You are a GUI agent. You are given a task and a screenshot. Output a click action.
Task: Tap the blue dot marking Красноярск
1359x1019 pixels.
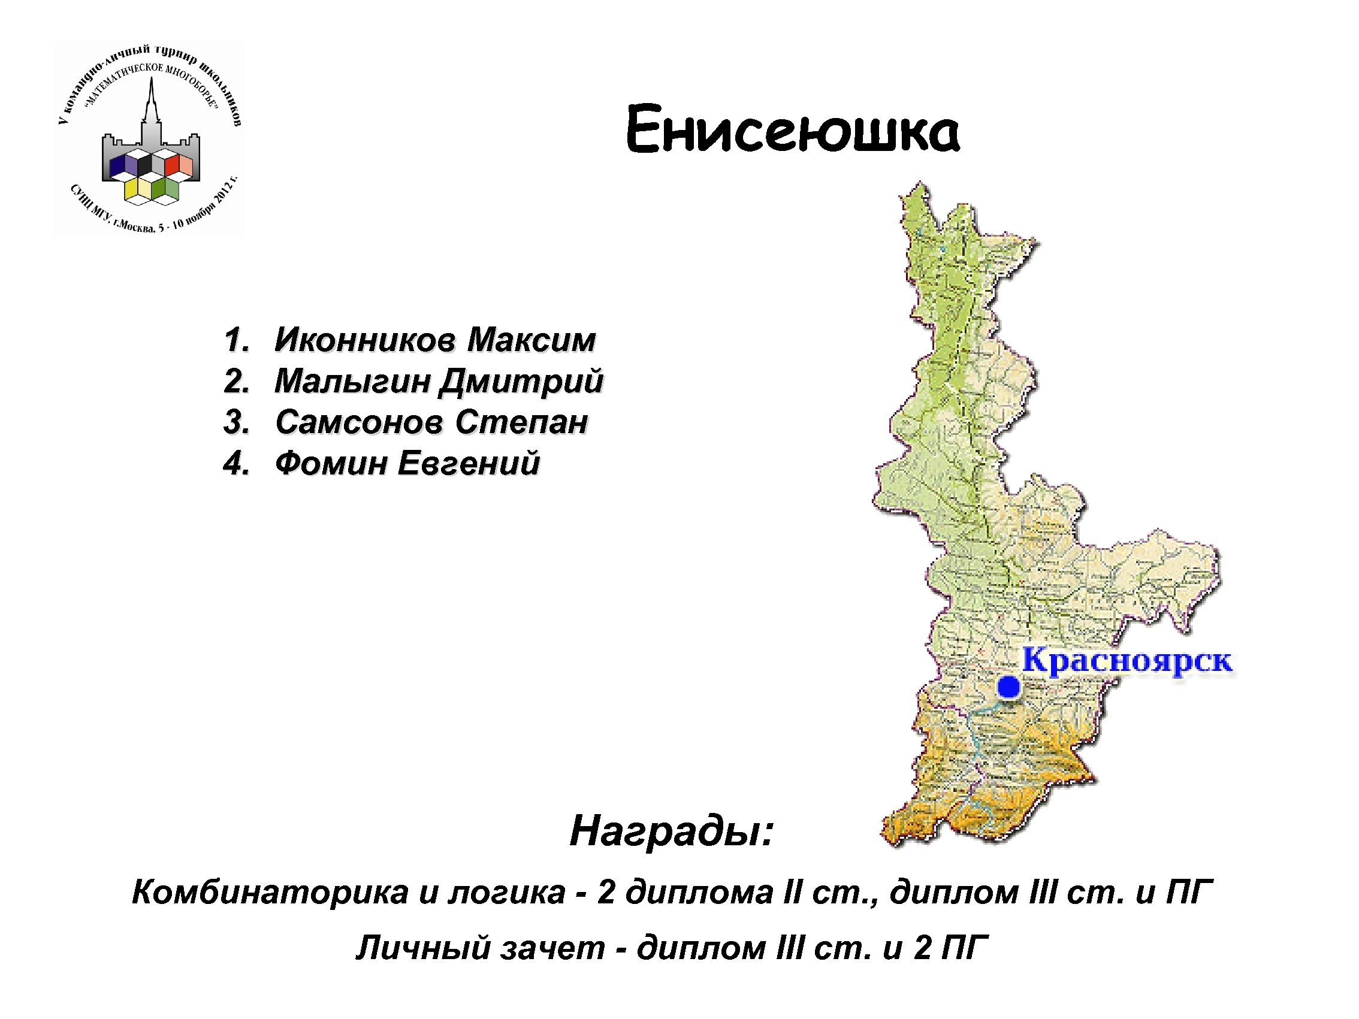coord(1009,687)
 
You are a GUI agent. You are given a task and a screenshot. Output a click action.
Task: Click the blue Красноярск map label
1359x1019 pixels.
coord(1127,661)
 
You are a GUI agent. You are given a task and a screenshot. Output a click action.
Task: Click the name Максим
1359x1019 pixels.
coord(531,340)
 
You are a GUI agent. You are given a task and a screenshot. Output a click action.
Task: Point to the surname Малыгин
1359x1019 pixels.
coord(351,381)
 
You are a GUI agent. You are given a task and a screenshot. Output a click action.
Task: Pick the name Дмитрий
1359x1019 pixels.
coord(521,381)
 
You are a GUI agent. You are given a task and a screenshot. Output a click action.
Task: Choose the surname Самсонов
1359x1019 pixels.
coord(359,422)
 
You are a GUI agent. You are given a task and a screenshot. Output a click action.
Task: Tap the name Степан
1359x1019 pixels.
coord(521,422)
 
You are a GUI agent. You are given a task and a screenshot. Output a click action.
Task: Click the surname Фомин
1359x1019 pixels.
coord(331,463)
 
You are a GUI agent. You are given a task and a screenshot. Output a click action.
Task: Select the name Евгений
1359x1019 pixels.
coord(469,463)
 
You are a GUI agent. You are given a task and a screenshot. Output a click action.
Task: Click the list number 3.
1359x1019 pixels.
coord(235,422)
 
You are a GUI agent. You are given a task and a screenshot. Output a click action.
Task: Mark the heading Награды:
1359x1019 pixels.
coord(671,831)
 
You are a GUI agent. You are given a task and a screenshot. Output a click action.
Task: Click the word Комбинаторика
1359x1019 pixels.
coord(270,892)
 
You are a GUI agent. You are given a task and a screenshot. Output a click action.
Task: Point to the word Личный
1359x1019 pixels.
coord(424,947)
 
